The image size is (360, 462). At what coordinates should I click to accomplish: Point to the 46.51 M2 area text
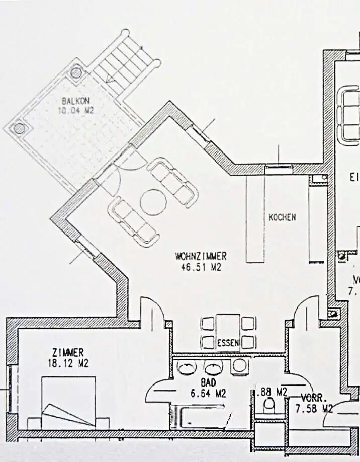point(201,267)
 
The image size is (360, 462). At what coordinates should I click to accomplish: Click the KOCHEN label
point(282,218)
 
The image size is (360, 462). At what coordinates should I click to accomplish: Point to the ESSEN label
point(229,344)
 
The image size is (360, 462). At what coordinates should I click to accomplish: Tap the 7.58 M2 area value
point(314,408)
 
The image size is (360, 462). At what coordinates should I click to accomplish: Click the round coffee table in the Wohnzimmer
point(153,202)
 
